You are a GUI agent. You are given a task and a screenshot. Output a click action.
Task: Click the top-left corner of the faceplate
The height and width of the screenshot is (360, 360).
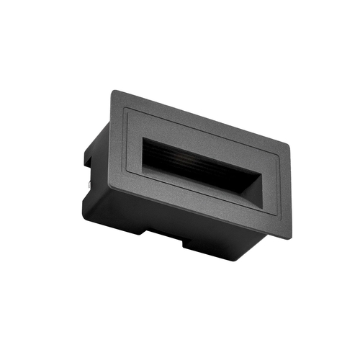point(113,91)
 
